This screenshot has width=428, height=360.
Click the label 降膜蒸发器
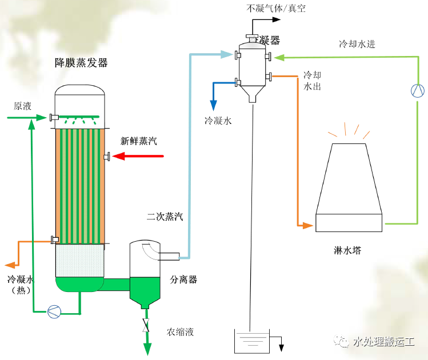[x=81, y=63]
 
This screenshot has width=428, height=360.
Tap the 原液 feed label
[x=23, y=106]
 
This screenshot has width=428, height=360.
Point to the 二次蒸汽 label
[x=165, y=217]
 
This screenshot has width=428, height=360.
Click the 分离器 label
[x=183, y=279]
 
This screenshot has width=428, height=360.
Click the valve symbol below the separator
[x=146, y=327]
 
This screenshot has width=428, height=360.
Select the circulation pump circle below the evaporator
[x=54, y=311]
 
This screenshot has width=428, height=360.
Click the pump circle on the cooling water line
[x=418, y=90]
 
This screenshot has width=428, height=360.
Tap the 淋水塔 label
[x=348, y=250]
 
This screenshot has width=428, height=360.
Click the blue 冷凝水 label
[x=218, y=121]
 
